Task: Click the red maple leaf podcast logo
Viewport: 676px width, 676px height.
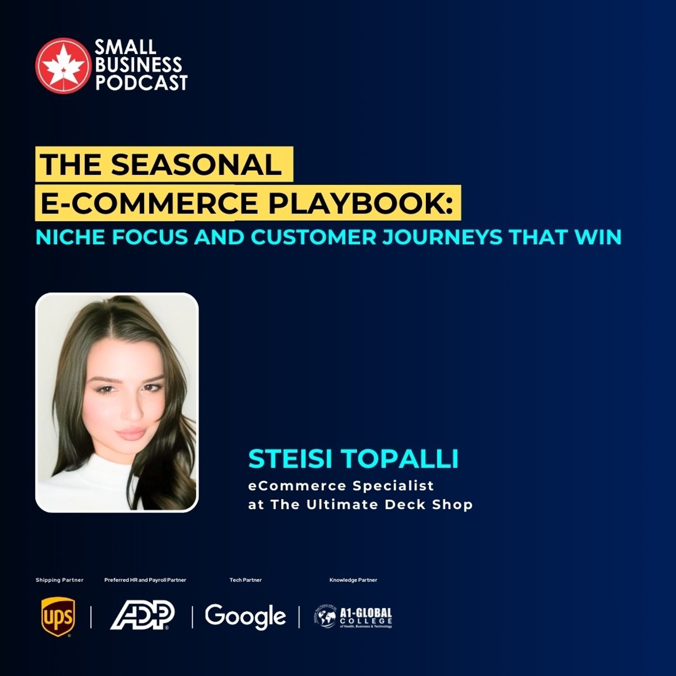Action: click(x=62, y=66)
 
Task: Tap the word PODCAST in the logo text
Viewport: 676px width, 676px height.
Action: click(x=141, y=83)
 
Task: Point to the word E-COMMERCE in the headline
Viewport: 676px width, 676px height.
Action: click(x=149, y=202)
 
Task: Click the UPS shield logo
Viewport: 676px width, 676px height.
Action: click(x=58, y=617)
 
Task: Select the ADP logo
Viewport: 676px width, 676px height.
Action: click(x=143, y=616)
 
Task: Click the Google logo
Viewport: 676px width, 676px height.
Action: click(x=245, y=617)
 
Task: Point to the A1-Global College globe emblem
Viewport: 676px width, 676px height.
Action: click(x=325, y=617)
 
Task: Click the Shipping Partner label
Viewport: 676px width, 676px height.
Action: click(x=59, y=580)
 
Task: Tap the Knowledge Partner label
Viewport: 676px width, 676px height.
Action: click(x=353, y=580)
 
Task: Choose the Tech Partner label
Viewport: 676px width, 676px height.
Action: click(x=245, y=580)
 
